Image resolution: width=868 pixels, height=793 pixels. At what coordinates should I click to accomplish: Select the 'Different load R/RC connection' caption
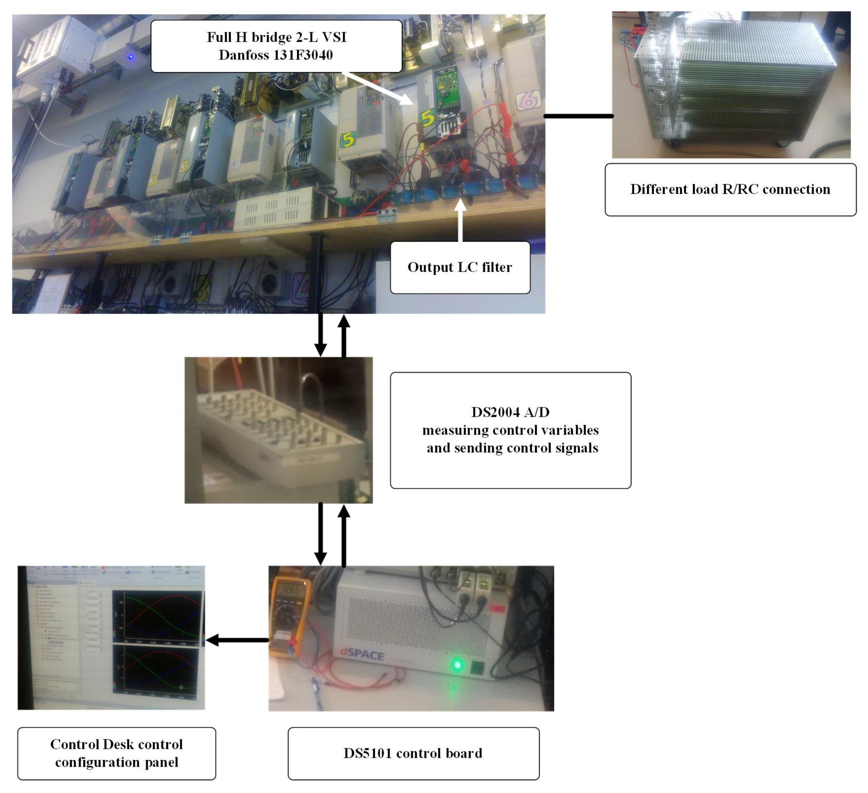(730, 189)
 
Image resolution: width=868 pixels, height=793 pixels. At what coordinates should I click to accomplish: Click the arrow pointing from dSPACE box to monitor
(237, 640)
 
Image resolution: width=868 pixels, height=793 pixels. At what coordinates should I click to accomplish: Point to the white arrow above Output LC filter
(460, 219)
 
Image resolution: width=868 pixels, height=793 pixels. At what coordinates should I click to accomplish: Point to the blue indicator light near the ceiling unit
(131, 56)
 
